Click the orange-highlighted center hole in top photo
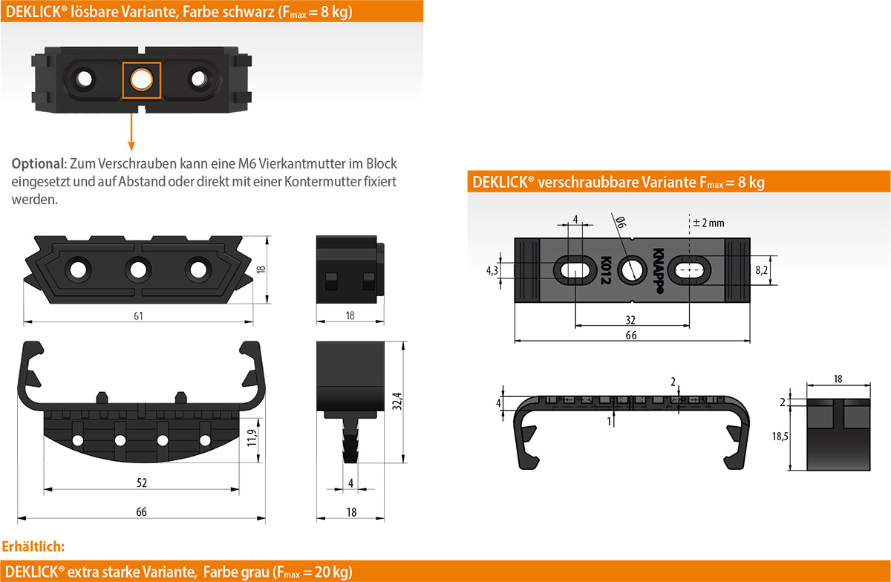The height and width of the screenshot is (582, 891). tap(141, 79)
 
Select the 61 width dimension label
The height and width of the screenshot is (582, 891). tap(138, 315)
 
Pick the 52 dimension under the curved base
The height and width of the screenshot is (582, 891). tap(142, 483)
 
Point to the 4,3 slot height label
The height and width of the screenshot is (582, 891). tap(492, 270)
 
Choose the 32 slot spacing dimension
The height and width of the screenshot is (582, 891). tap(630, 319)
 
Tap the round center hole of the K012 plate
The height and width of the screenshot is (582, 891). tap(631, 269)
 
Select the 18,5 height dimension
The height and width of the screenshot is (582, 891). tap(780, 437)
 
